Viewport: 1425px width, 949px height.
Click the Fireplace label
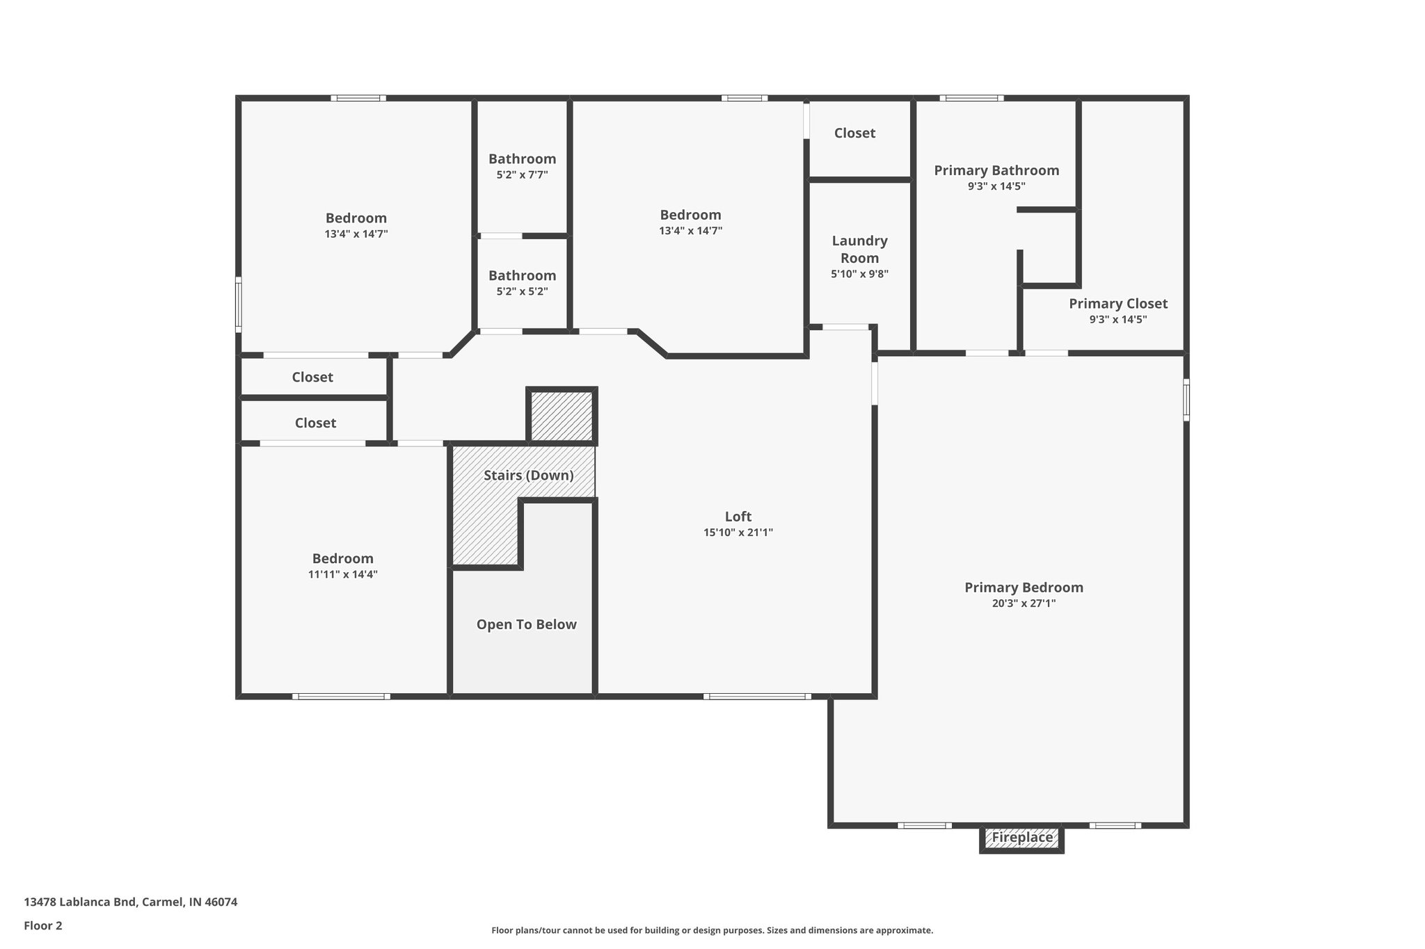1021,838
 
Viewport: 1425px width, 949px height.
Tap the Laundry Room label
859,249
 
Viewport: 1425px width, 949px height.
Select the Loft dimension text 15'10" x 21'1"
738,533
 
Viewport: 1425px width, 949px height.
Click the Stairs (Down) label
528,476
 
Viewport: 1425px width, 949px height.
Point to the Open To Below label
526,624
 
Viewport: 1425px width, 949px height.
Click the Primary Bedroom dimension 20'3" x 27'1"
1024,603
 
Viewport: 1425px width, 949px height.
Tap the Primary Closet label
1117,304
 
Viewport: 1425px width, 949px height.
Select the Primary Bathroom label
996,170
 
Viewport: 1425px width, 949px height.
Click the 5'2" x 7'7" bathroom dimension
522,175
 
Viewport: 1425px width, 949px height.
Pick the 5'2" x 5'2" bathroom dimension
522,292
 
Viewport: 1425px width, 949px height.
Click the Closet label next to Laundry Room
854,133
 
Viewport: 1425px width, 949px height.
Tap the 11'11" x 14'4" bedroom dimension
342,574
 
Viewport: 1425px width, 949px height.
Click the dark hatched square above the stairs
562,416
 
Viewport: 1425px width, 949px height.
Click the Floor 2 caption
43,925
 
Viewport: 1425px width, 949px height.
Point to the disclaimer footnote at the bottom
712,930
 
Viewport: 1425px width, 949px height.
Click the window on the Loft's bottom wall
756,696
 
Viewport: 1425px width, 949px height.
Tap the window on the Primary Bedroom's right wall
1186,399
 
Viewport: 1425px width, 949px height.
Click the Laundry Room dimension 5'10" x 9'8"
859,274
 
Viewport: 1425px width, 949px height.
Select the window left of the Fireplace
924,825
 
